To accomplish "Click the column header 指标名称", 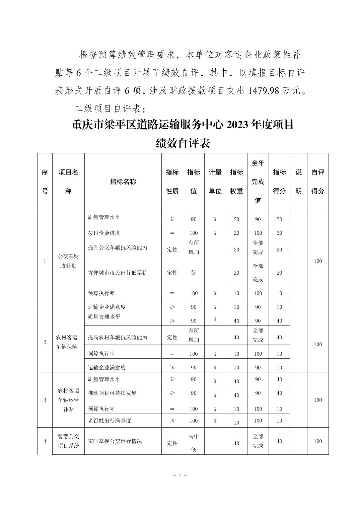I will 123,181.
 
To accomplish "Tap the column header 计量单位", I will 215,181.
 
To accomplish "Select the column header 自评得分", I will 318,181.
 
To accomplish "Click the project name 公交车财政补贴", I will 69,261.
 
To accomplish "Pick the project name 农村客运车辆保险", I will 67,342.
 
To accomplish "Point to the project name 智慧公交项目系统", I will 69,441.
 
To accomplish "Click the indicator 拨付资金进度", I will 104,233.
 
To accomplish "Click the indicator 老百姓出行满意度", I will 110,420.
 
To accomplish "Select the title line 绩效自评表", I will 183,143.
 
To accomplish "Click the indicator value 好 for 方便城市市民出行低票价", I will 194,273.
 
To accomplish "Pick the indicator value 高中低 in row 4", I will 194,443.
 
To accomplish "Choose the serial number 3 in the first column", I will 45,400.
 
